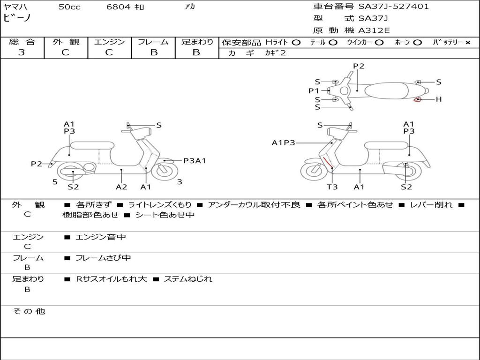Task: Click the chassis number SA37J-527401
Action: point(394,7)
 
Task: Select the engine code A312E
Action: point(375,30)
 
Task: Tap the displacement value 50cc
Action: point(69,7)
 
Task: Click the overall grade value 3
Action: point(22,52)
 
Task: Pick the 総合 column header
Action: point(22,42)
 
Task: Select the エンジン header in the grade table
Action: point(109,42)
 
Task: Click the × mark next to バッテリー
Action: point(467,42)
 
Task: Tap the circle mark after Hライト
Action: point(296,42)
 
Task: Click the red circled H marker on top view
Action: point(417,99)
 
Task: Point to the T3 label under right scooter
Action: point(332,187)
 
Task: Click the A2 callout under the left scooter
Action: point(121,187)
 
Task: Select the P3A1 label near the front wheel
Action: point(195,161)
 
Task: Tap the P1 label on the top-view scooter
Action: point(314,91)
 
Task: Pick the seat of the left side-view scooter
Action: point(92,145)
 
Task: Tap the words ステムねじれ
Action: point(187,279)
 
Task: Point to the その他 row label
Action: point(29,311)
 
